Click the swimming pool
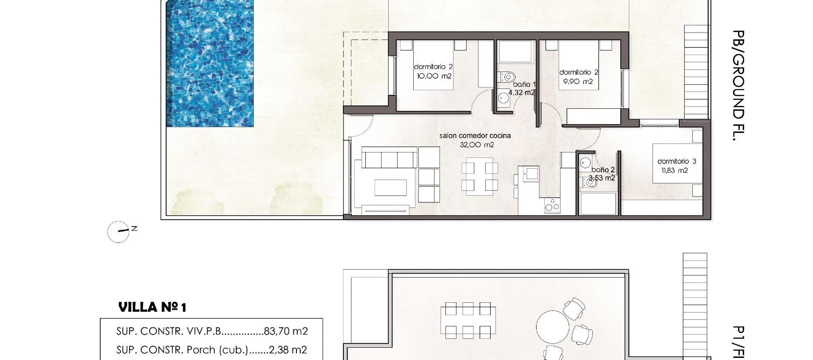point(210,64)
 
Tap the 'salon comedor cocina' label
point(475,136)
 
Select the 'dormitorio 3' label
point(676,161)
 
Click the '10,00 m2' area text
point(434,76)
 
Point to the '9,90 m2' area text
point(578,82)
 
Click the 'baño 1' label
point(524,84)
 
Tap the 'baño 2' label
point(603,170)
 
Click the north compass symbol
point(118,232)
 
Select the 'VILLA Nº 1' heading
point(152,307)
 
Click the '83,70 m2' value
point(285,331)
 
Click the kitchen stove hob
point(552,205)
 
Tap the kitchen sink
point(531,173)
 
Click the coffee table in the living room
point(390,188)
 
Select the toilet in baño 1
point(506,77)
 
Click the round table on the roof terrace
point(553,327)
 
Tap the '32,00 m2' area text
point(477,145)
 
